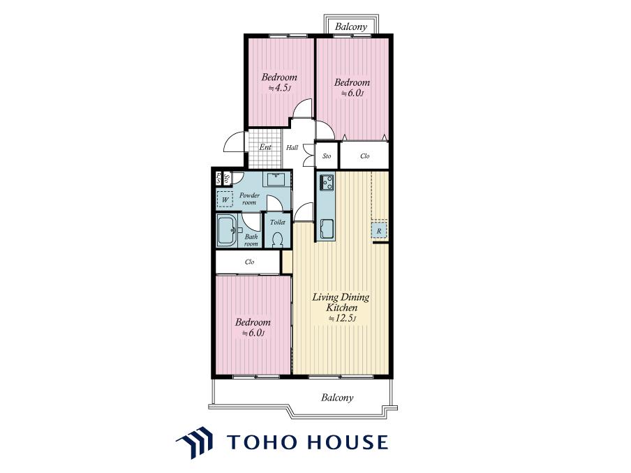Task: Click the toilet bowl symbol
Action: (x=277, y=239)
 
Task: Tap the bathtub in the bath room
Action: (x=228, y=230)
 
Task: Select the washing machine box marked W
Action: (x=225, y=200)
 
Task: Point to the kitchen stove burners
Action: (x=327, y=181)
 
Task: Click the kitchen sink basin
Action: (x=327, y=229)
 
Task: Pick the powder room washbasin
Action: (x=277, y=179)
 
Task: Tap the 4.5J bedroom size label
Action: (x=279, y=88)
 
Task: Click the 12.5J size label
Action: (x=343, y=319)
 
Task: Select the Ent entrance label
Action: (x=265, y=147)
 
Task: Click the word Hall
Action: (x=292, y=148)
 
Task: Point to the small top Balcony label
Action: (x=351, y=27)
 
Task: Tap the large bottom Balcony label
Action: (x=337, y=398)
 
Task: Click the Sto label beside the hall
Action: (x=327, y=156)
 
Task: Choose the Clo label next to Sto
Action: (x=364, y=156)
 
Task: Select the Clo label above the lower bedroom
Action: (x=249, y=262)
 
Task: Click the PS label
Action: (x=218, y=178)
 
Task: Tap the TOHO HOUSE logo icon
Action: (x=195, y=442)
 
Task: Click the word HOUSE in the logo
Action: (x=348, y=442)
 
